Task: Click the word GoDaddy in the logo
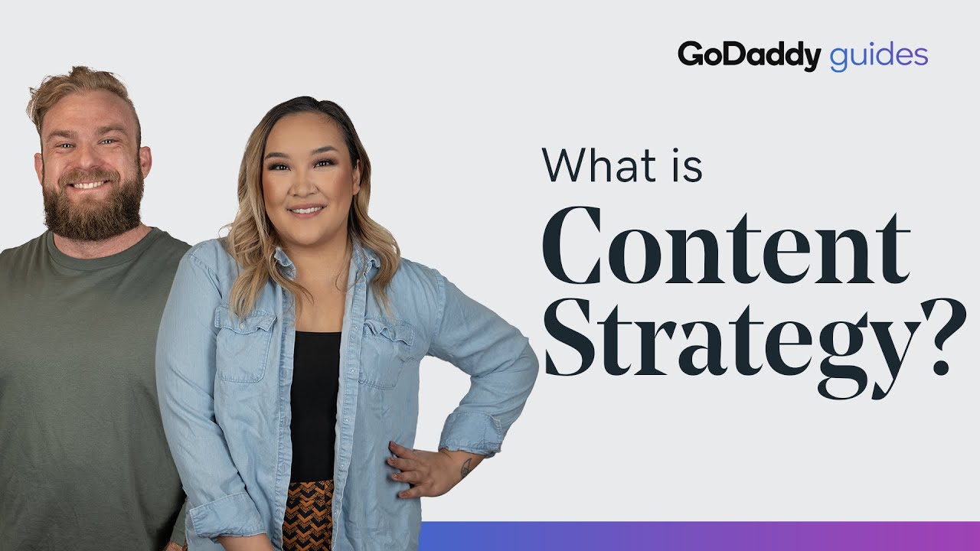tap(749, 56)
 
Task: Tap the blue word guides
tap(878, 57)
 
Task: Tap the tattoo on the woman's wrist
tap(466, 467)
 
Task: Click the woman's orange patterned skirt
tap(309, 516)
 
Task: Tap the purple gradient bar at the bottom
tap(700, 536)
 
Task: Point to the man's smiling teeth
tap(89, 184)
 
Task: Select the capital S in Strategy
tap(570, 337)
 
